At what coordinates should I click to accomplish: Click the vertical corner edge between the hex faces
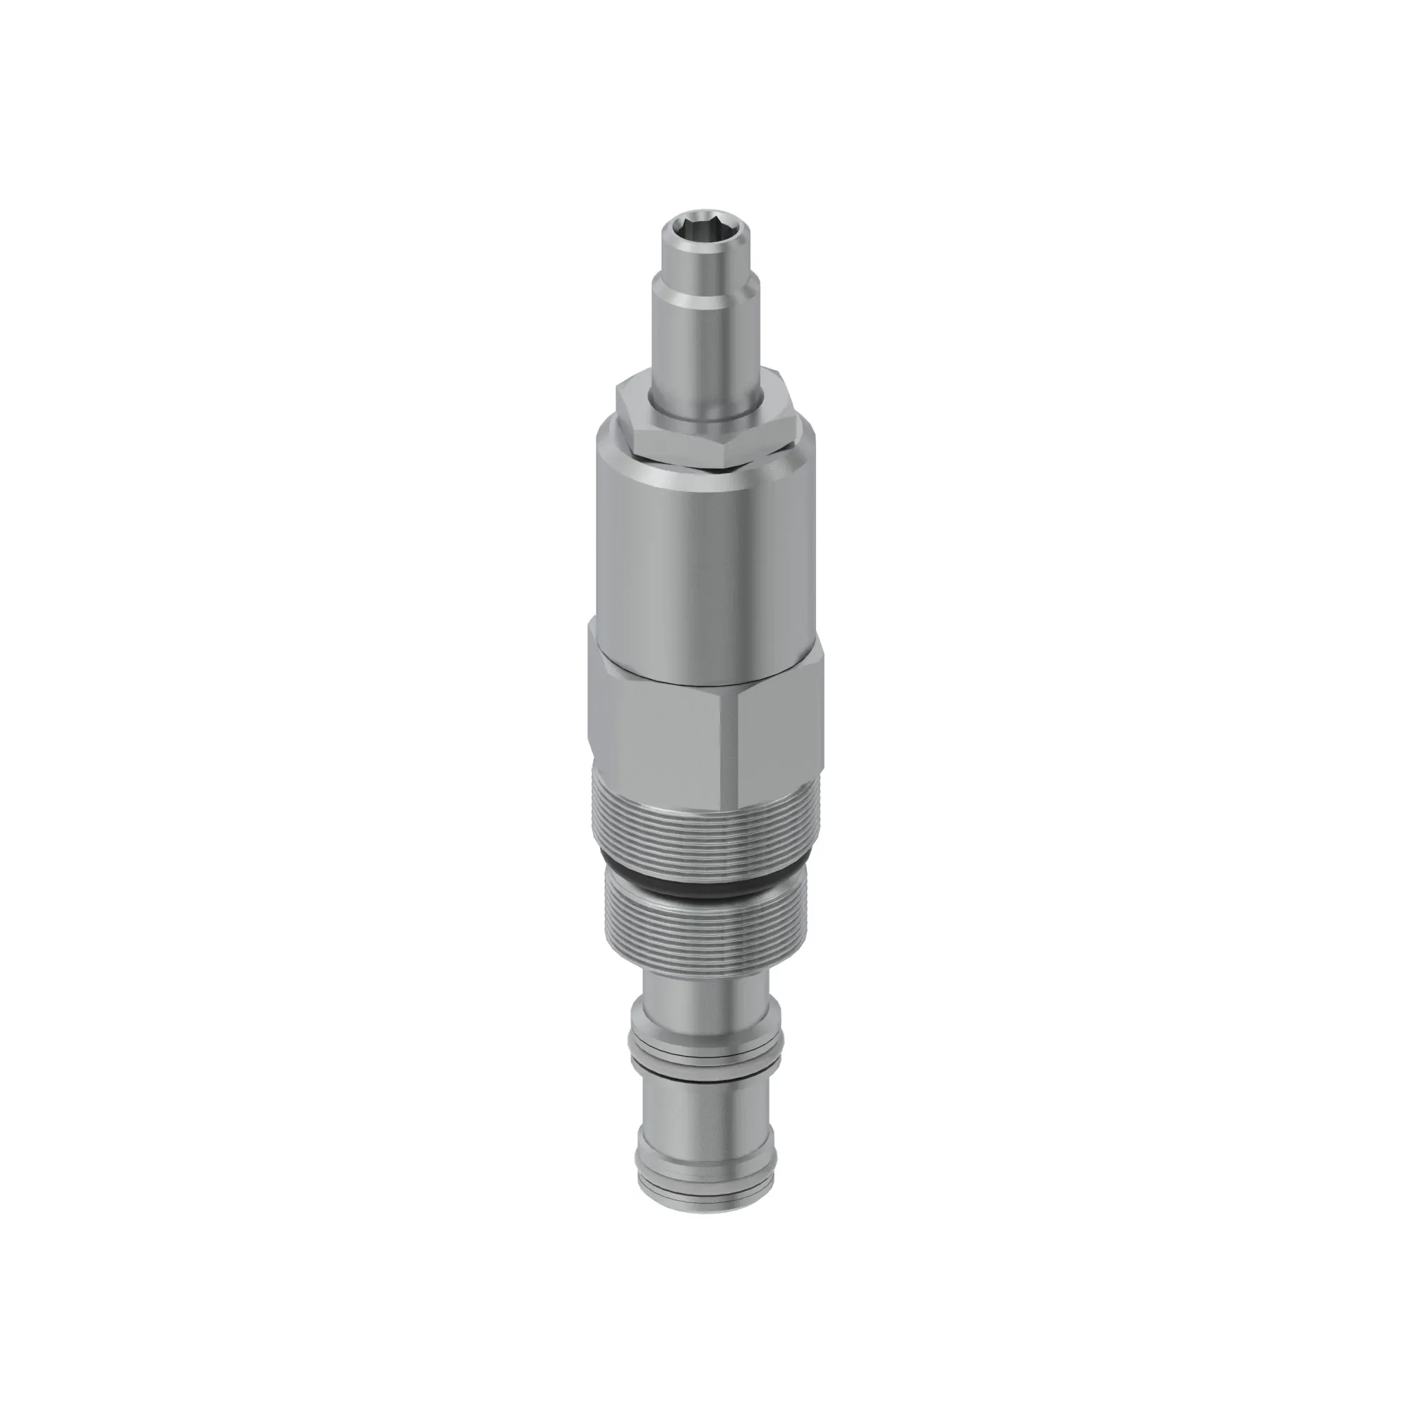[725, 746]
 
